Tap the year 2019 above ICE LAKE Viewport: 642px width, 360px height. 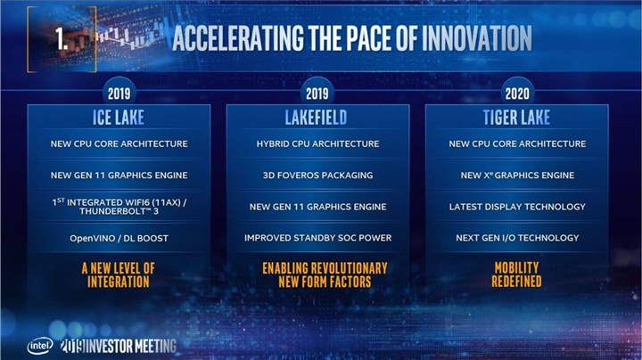[119, 93]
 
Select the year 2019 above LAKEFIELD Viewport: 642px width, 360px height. [317, 93]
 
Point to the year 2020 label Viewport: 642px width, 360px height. [516, 93]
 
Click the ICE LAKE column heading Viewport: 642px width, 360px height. [119, 118]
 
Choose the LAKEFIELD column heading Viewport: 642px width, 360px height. [317, 118]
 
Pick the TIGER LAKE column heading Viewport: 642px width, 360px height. [517, 118]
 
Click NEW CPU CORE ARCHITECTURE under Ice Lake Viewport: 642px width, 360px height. [119, 144]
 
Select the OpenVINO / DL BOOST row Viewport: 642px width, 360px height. [119, 238]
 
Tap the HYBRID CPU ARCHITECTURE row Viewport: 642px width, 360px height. [317, 144]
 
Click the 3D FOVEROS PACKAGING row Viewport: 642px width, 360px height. [317, 176]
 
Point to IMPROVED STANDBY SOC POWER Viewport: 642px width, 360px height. [317, 238]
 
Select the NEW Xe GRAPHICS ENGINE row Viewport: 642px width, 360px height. [517, 176]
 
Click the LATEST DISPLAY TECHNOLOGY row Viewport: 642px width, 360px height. [517, 207]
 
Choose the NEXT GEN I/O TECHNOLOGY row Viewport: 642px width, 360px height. [517, 238]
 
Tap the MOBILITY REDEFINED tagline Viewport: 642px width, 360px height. [517, 274]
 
